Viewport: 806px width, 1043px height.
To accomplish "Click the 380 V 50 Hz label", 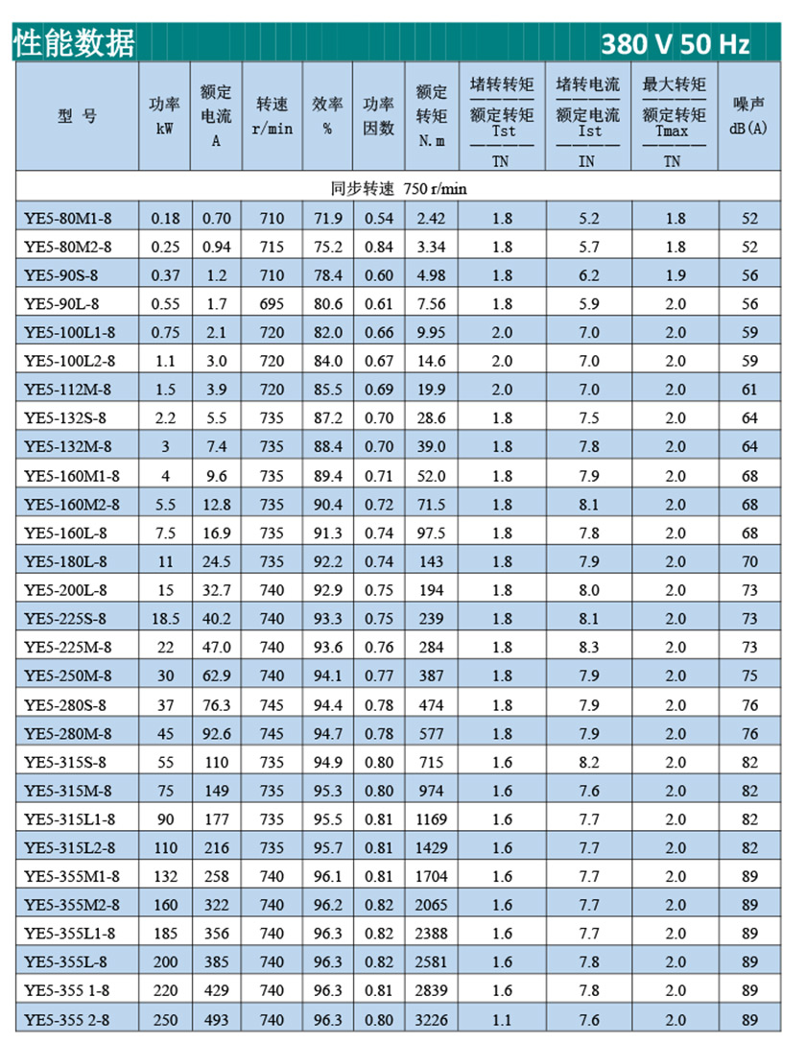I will tap(676, 44).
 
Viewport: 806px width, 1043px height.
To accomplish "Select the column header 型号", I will tap(78, 116).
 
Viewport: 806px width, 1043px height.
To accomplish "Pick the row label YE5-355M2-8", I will tap(72, 905).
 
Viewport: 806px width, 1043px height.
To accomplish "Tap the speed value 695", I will tap(273, 304).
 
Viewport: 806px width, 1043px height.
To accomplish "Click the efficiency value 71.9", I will tap(327, 219).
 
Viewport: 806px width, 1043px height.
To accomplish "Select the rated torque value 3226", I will tap(431, 1019).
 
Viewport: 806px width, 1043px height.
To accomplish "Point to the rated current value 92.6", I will tap(216, 734).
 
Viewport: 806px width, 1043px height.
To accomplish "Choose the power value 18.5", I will tap(165, 618).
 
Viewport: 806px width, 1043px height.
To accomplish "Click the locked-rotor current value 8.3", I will tap(588, 647).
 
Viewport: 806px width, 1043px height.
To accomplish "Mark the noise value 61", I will tap(749, 390).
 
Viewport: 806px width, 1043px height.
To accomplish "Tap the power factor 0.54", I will tap(379, 219).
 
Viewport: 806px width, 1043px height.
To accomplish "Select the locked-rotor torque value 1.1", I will tap(502, 1019).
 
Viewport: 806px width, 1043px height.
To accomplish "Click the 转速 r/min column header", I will tap(273, 116).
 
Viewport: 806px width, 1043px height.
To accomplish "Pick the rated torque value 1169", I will tap(431, 819).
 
